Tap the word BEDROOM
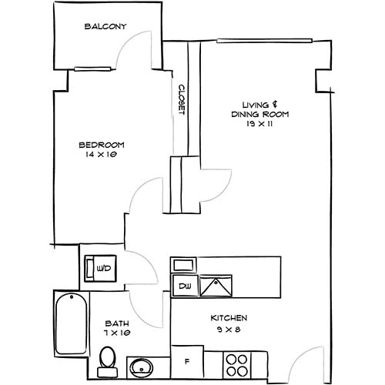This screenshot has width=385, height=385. pyautogui.click(x=102, y=145)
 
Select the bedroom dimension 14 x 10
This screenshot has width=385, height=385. pyautogui.click(x=102, y=154)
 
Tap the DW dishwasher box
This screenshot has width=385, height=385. pyautogui.click(x=184, y=286)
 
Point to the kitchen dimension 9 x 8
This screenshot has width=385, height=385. pyautogui.click(x=229, y=329)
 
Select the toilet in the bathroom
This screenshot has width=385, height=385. pyautogui.click(x=109, y=360)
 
